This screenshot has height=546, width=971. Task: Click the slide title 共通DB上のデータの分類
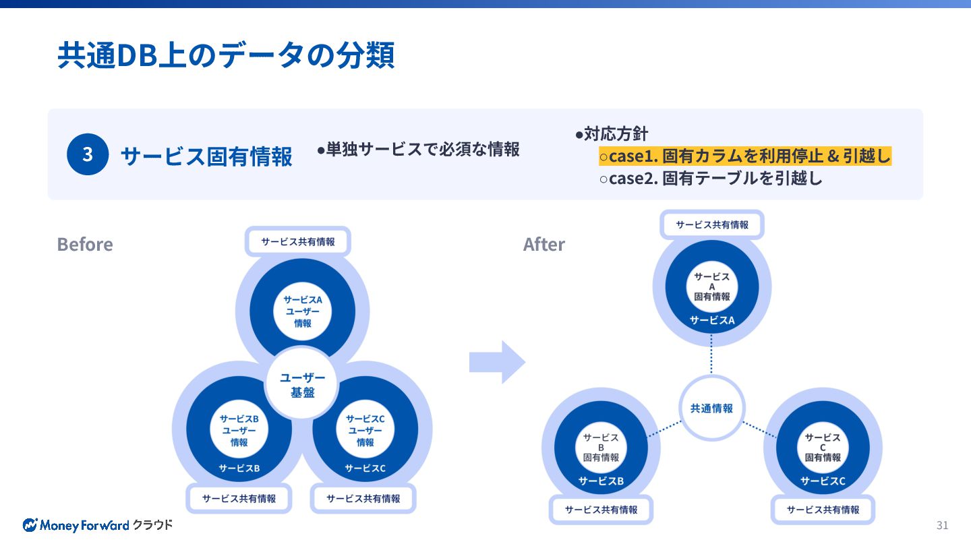coord(226,55)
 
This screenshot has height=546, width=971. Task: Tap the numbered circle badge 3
coord(88,154)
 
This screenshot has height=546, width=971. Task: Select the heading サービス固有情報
coord(206,156)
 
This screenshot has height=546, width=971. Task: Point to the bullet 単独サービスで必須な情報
coord(418,149)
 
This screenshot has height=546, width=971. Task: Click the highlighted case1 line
coord(745,156)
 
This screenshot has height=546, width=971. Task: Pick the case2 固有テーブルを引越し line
coord(711,179)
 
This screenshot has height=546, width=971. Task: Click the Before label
coord(85,244)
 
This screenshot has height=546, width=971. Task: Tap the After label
coord(544,244)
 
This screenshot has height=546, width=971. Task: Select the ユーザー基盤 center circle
coord(302,385)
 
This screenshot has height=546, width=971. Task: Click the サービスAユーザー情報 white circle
coord(302,311)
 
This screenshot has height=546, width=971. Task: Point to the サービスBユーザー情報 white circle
coord(239,430)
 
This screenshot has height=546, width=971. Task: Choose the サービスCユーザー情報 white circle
coord(365,430)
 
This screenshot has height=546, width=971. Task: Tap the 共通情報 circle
coord(711,408)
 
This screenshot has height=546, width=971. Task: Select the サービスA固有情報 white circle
coord(711,286)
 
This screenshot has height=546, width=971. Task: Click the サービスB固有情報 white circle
coord(600,447)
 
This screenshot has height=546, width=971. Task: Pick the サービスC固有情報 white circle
coord(823,447)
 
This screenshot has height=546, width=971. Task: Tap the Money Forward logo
coord(98,524)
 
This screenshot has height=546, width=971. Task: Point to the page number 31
coord(942,526)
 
